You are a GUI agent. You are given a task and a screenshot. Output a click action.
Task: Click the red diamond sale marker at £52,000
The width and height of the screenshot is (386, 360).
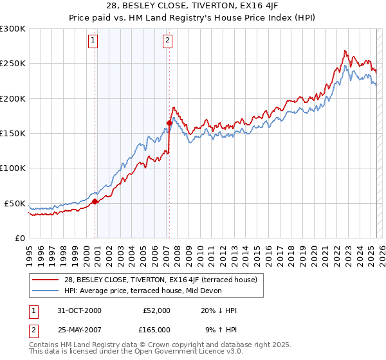click(x=95, y=201)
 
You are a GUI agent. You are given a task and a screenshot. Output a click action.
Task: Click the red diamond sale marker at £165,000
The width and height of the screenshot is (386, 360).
click(x=169, y=123)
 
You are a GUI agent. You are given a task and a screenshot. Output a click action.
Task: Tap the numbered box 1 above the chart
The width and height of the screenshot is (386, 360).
click(x=93, y=40)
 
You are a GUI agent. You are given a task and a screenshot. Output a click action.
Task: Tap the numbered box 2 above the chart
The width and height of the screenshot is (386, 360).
click(x=167, y=40)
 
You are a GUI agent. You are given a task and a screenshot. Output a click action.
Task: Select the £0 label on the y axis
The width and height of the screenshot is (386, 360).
click(x=21, y=238)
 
